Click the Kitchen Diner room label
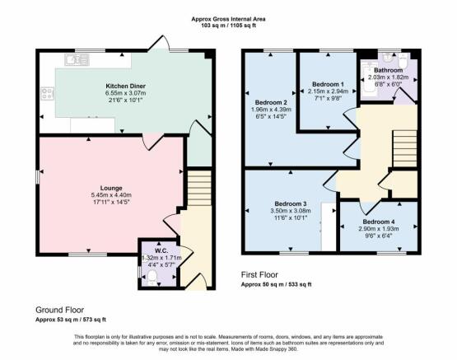point(125,86)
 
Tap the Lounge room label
point(111,188)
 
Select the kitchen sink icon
point(77,60)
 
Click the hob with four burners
point(47,94)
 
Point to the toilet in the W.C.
point(152,278)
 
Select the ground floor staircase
point(198,188)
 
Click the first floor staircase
point(404,148)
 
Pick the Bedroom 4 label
point(379,222)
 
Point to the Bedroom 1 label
point(328,84)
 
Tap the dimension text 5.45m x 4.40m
point(111,195)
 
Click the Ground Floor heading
point(60,310)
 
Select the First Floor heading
point(259,274)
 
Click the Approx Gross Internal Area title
point(228,19)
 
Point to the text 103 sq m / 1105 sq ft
point(229,26)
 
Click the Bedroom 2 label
point(271,103)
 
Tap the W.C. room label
point(161,250)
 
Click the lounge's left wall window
point(37,177)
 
